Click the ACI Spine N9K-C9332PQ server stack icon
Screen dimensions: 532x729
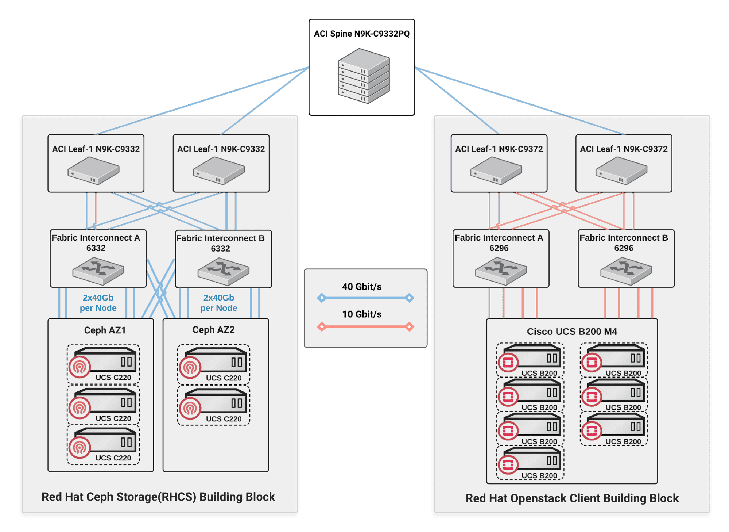click(x=364, y=76)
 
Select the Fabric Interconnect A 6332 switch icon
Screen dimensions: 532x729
click(x=98, y=271)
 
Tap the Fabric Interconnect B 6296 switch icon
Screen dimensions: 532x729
click(x=626, y=271)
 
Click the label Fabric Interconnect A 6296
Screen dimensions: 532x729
click(x=499, y=243)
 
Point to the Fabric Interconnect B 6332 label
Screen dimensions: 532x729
click(x=220, y=243)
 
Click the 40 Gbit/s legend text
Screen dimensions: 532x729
click(x=361, y=287)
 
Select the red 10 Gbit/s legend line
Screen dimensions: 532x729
click(x=365, y=326)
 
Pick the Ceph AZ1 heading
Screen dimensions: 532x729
click(x=105, y=330)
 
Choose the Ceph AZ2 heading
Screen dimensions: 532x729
click(x=213, y=330)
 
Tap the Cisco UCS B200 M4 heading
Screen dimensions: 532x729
click(x=571, y=332)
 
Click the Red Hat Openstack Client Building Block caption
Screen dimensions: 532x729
click(x=571, y=498)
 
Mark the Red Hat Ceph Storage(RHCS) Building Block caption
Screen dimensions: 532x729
click(x=158, y=497)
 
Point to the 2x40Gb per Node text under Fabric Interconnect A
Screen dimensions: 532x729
click(x=98, y=303)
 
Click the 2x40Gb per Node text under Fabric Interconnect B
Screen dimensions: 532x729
click(x=218, y=303)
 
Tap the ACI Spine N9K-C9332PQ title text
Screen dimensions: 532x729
click(x=361, y=34)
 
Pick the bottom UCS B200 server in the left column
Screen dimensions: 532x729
click(x=530, y=463)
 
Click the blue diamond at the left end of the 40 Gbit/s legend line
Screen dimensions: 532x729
click(x=322, y=298)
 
